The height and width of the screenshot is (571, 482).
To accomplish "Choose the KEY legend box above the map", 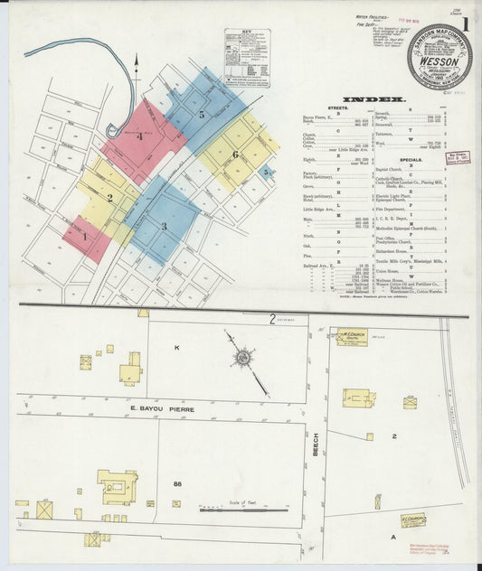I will [247, 58].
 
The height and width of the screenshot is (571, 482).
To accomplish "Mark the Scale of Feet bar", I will [244, 512].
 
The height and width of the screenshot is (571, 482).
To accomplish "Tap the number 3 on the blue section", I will [165, 226].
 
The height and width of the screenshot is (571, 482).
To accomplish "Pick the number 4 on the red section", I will [140, 136].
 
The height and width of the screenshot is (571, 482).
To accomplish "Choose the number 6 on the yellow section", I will [235, 154].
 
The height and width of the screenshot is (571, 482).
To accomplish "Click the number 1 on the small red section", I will [85, 237].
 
